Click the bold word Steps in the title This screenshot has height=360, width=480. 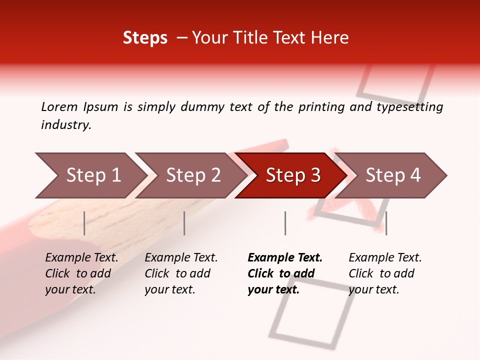click(x=145, y=38)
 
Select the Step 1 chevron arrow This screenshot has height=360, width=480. click(x=90, y=175)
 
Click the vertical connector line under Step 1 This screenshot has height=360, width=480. click(x=84, y=223)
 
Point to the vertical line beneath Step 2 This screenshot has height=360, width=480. click(x=184, y=223)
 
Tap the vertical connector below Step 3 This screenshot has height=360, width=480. click(x=285, y=223)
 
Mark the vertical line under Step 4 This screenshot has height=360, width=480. click(x=386, y=223)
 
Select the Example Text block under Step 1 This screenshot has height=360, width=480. click(x=81, y=273)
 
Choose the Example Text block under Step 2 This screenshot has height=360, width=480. click(x=180, y=273)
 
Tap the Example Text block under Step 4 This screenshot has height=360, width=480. click(x=384, y=273)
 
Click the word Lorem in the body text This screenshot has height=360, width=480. click(x=59, y=106)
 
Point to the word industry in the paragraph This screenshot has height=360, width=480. click(x=65, y=125)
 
